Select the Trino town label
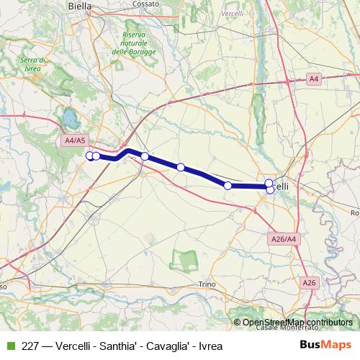click(x=207, y=284)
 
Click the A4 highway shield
click(x=313, y=78)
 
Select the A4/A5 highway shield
click(x=74, y=140)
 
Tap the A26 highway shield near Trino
click(x=310, y=283)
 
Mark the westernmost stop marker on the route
click(x=90, y=156)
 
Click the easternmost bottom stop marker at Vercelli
click(x=271, y=190)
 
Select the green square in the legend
click(x=9, y=346)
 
